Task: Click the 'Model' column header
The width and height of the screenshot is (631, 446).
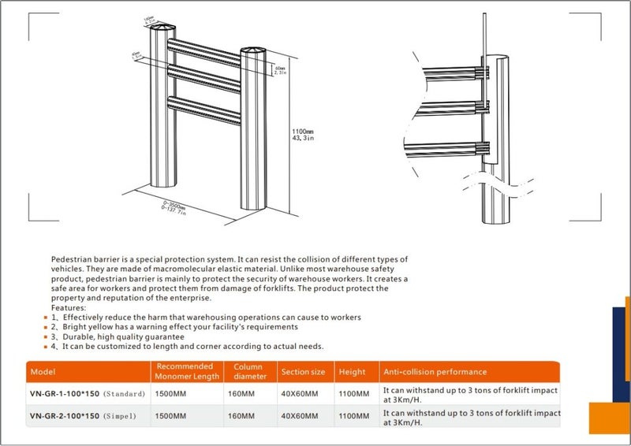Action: pos(41,372)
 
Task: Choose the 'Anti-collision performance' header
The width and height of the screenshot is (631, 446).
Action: pos(435,372)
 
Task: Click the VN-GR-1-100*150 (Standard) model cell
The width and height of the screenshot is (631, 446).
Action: pos(87,393)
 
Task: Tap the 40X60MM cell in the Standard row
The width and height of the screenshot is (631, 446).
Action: pos(299,393)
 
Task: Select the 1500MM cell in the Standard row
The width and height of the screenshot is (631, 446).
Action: pos(171,393)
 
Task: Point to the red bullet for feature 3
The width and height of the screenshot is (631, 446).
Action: pos(44,336)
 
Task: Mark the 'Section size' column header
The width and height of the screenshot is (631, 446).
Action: pos(302,372)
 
